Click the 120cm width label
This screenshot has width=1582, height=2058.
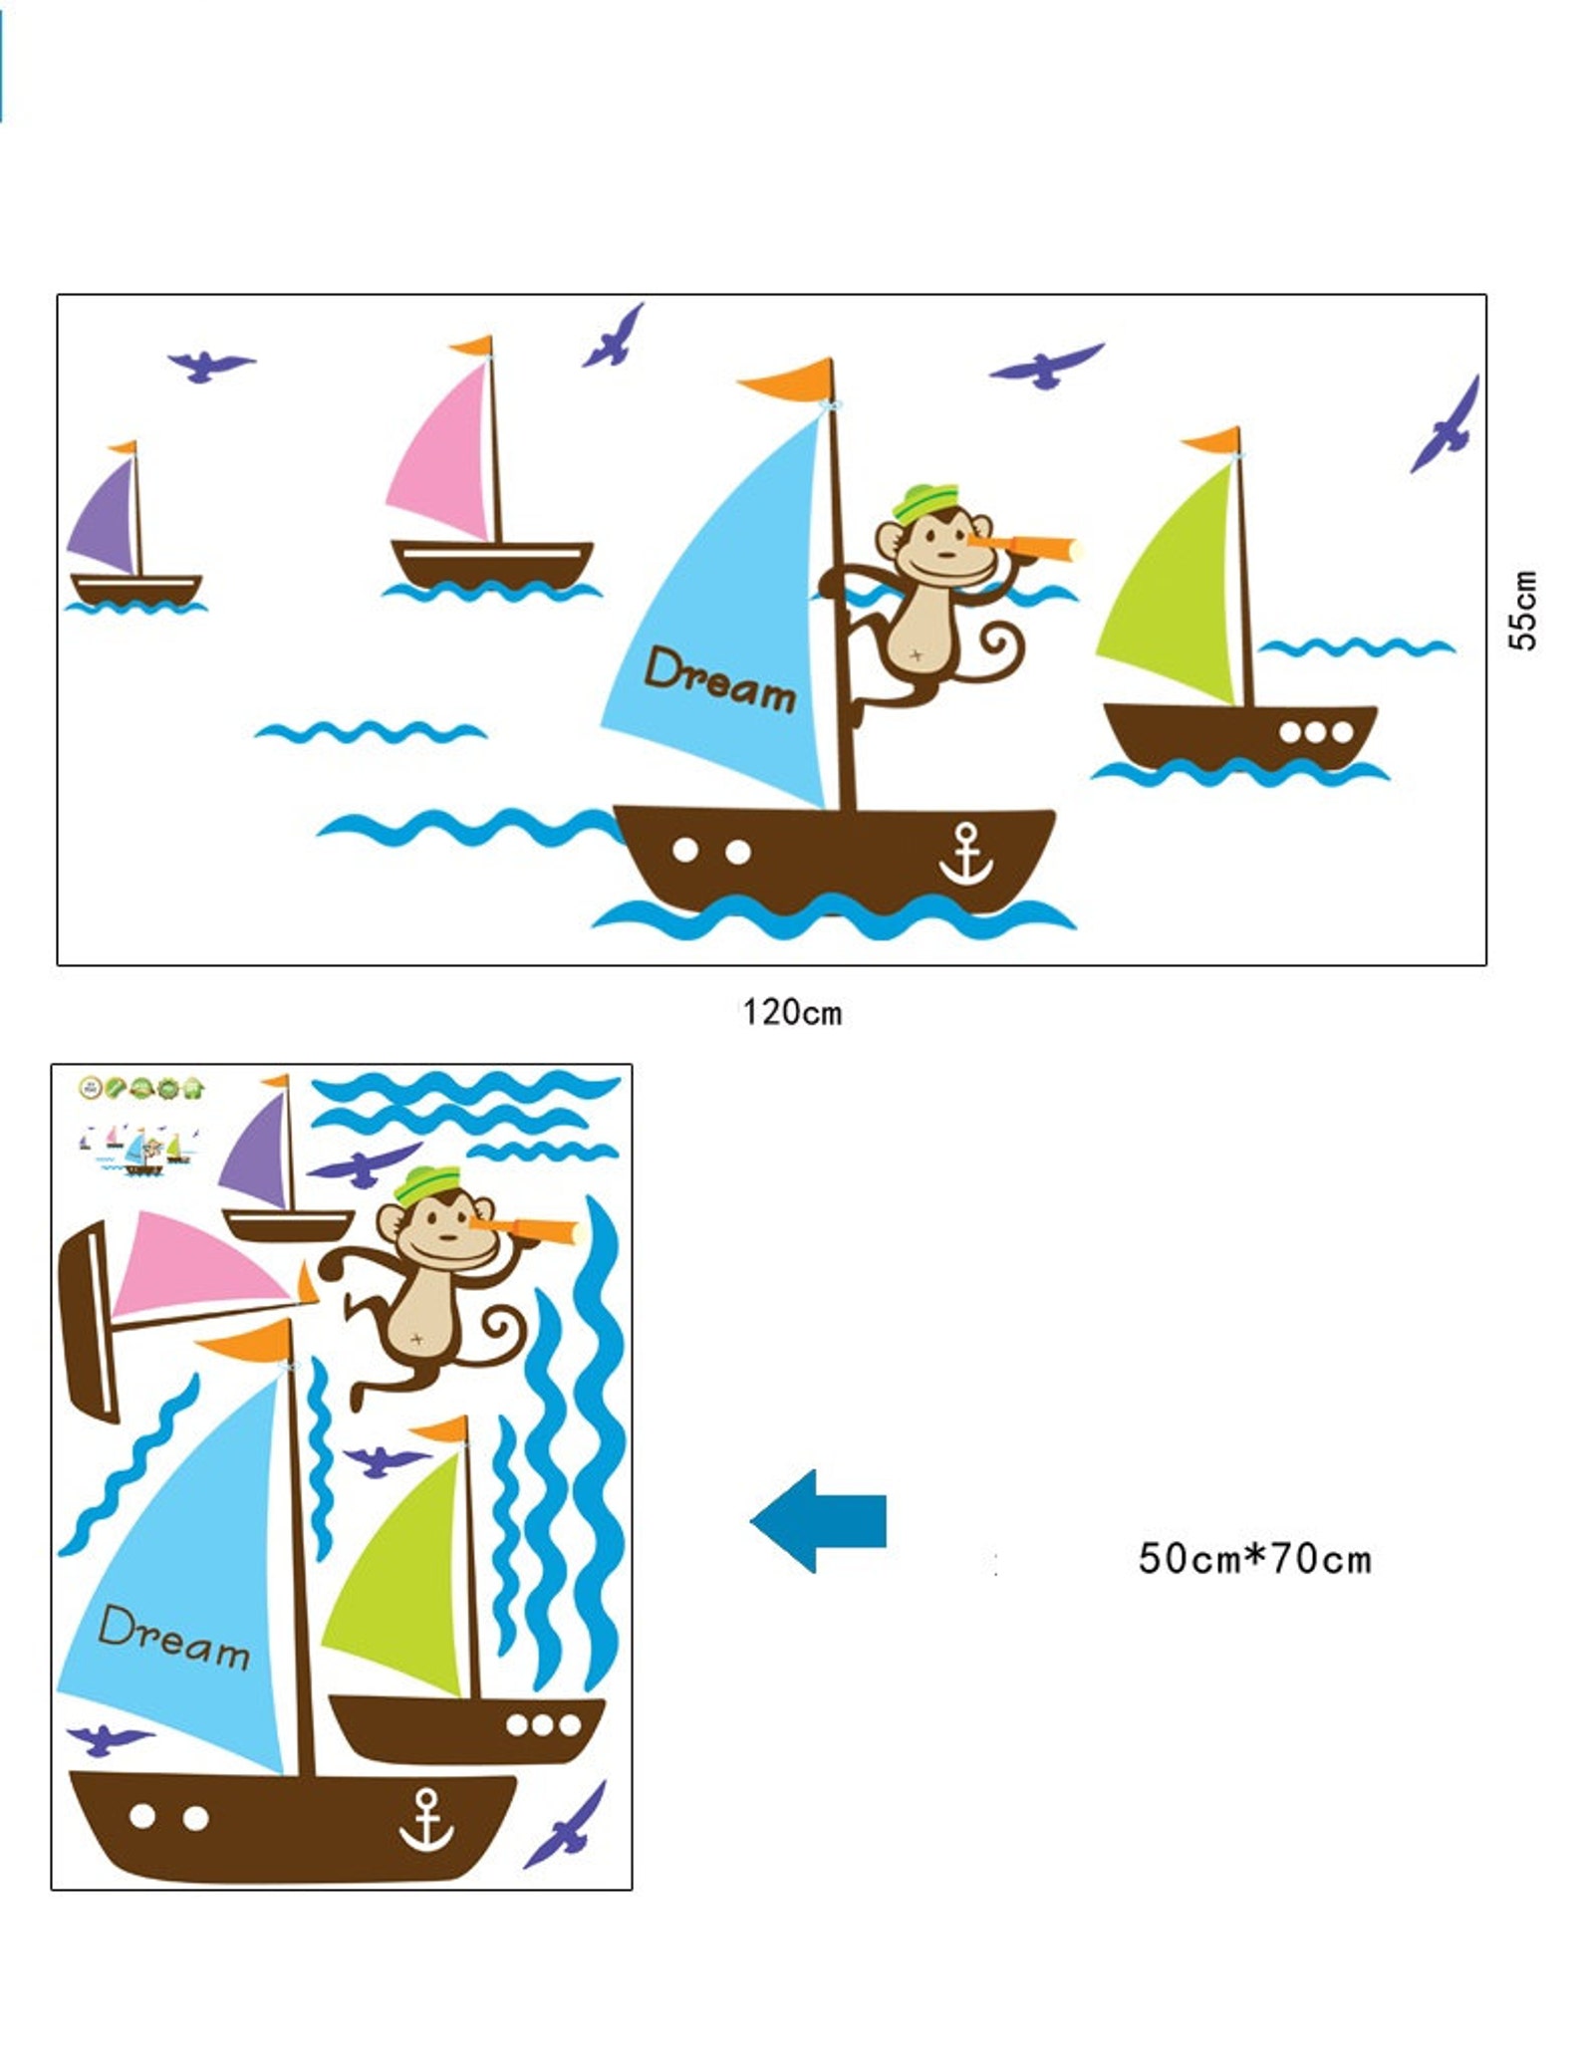coord(792,1013)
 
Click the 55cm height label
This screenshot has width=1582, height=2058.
coord(1522,610)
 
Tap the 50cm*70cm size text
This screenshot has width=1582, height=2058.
coord(1254,1559)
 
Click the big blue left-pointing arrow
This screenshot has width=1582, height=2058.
coord(819,1521)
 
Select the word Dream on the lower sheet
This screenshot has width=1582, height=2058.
coord(174,1638)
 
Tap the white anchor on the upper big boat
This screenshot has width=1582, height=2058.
coord(965,855)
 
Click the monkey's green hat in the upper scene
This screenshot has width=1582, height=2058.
coord(924,502)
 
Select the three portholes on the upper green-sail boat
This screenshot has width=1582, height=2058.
coord(1315,732)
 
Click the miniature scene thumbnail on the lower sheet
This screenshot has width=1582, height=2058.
coord(139,1151)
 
